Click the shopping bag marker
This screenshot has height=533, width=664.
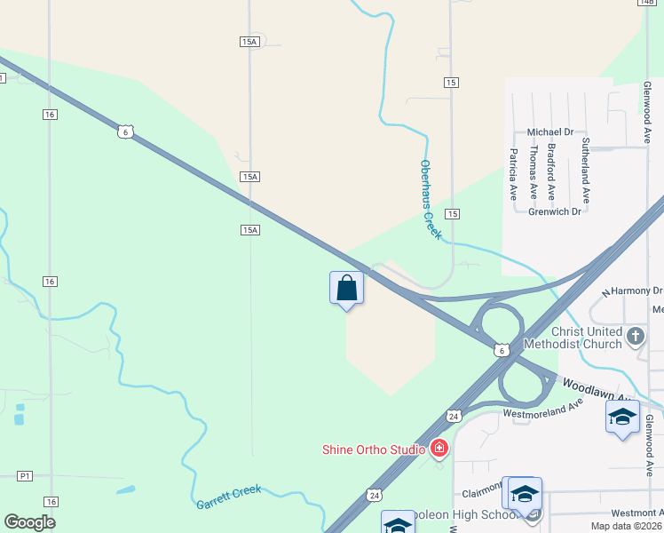[346, 289]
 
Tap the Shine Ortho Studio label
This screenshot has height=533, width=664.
[373, 449]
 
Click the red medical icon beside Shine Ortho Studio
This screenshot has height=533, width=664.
[439, 449]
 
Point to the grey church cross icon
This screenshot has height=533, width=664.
[635, 336]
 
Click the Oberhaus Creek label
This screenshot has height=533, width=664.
[430, 199]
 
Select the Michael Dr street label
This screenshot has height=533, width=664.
[550, 131]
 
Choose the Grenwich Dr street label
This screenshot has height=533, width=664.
[555, 211]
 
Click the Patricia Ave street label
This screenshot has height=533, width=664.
[513, 173]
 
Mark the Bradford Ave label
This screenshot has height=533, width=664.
[551, 171]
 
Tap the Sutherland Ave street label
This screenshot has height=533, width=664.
[586, 171]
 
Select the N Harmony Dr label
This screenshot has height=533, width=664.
[632, 290]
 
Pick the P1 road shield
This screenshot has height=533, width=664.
[25, 476]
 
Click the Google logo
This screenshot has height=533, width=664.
[29, 522]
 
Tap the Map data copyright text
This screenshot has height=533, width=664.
[627, 526]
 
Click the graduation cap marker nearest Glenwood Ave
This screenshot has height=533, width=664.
[622, 417]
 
